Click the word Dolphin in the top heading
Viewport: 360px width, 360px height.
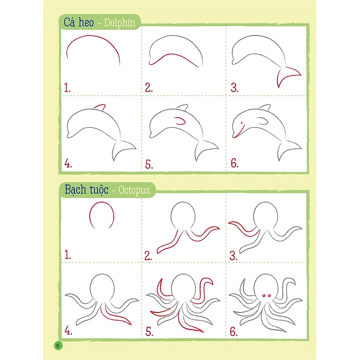(x=120, y=23)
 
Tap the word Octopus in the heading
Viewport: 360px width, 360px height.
(x=134, y=190)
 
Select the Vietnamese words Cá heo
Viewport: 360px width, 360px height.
(x=79, y=22)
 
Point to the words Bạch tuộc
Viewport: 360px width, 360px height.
(x=86, y=190)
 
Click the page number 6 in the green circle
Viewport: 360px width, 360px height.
(x=58, y=346)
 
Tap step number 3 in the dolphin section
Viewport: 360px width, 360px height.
(x=234, y=88)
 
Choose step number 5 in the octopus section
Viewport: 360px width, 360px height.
(x=149, y=332)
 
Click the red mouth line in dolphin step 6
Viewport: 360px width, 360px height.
(x=239, y=132)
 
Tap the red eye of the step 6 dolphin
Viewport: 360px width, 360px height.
(x=242, y=123)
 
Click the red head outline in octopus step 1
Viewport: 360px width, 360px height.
(x=101, y=202)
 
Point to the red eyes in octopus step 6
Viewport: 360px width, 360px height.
(x=266, y=296)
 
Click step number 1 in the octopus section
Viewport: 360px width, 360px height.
(x=67, y=255)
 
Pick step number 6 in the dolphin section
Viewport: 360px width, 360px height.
(x=234, y=163)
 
